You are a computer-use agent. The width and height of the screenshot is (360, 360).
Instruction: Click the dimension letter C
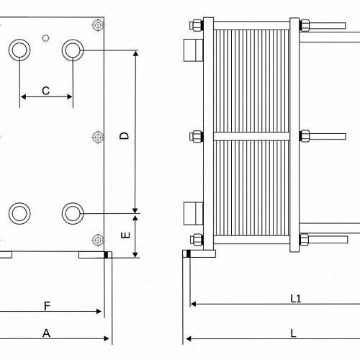[45, 91]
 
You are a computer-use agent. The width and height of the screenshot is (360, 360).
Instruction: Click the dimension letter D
[125, 136]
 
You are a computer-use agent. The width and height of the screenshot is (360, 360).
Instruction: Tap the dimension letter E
[125, 235]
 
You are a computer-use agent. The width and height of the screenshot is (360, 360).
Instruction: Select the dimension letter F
[47, 306]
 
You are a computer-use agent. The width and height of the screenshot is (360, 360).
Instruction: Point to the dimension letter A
[46, 333]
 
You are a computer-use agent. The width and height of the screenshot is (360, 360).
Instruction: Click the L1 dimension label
[296, 299]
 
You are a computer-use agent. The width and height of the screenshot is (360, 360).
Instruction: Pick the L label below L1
[293, 333]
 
